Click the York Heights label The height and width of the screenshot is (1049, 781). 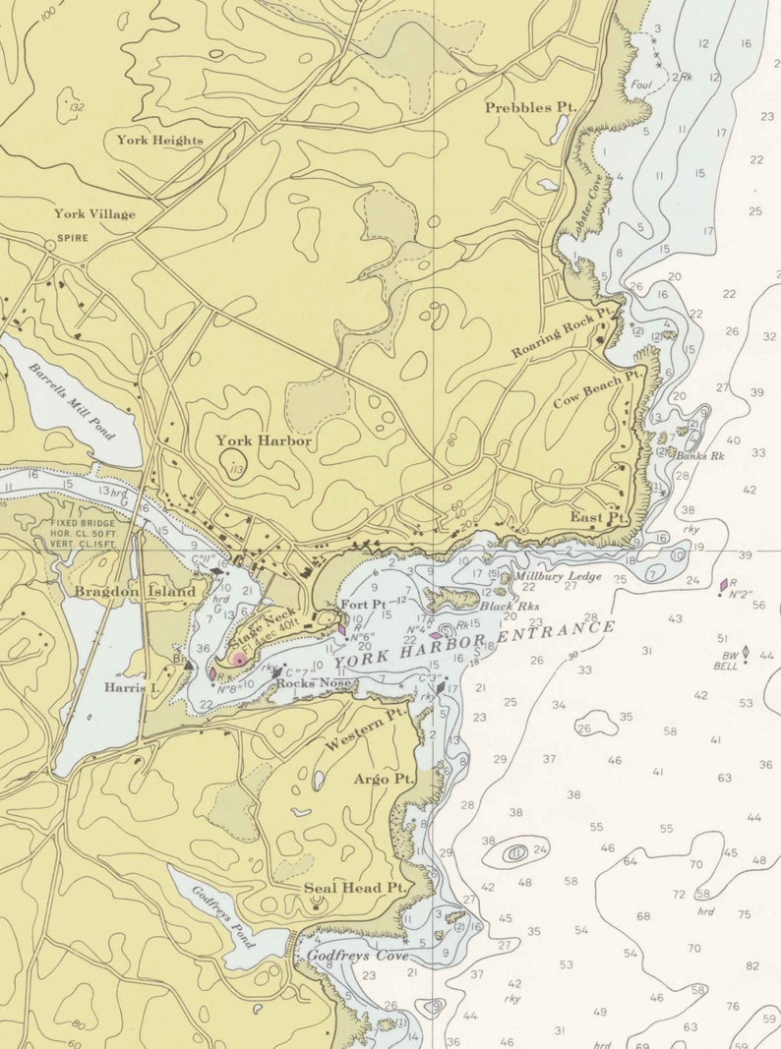pos(159,140)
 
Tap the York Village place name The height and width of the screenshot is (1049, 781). pos(94,214)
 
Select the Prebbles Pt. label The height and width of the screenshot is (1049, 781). pos(530,107)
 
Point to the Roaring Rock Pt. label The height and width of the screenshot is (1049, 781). pos(562,331)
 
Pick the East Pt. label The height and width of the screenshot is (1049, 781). pos(598,516)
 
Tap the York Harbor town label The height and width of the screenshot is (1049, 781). pos(264,441)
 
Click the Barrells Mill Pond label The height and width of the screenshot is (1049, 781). pos(72,402)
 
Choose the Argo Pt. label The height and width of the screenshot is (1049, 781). pos(385,780)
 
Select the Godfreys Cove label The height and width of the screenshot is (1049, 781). pos(357,954)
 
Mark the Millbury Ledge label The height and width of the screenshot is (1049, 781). pos(546,576)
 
